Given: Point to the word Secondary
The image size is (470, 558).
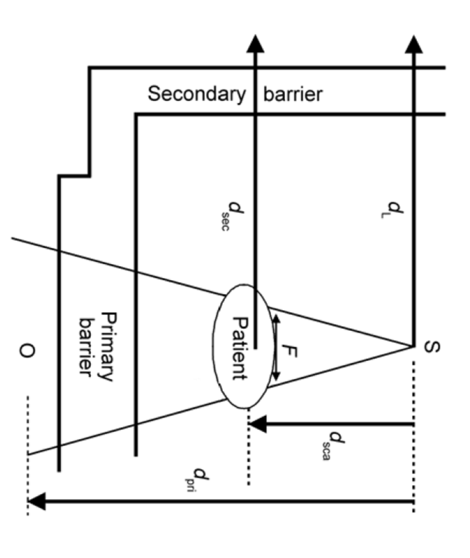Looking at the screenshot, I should click(197, 94).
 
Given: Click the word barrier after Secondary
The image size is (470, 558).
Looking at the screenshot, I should click(292, 94).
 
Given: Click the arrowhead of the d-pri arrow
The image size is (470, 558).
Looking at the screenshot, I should click(36, 501).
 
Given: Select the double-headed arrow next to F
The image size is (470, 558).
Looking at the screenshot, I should click(276, 348).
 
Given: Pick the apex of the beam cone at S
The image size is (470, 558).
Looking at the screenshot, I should click(413, 345).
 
